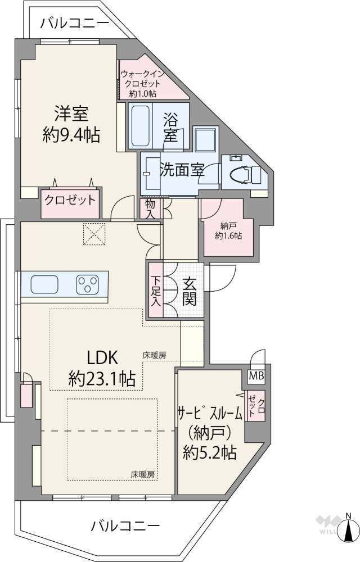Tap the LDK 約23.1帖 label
(102, 368)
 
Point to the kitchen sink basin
(44, 284)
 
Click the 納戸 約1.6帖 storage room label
(228, 231)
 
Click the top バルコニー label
(75, 24)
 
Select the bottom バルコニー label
(125, 526)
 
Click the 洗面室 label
(181, 170)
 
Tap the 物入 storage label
(150, 209)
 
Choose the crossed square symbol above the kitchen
(94, 234)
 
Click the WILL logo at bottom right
(325, 525)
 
